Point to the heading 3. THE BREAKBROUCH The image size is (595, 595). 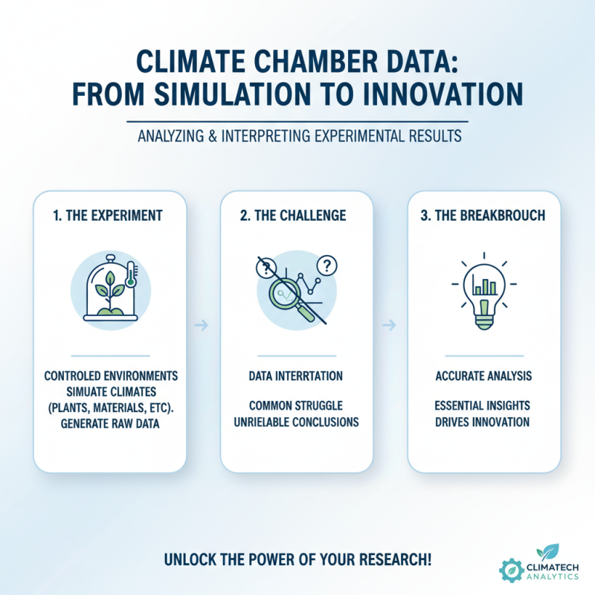[x=483, y=216]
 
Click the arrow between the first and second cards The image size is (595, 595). [x=203, y=324]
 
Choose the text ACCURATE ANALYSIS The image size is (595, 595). [x=483, y=376]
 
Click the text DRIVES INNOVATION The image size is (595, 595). [x=483, y=422]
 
